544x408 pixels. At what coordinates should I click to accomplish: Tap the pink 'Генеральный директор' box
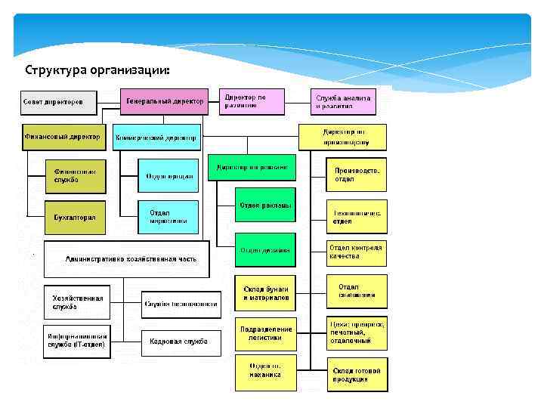click(165, 101)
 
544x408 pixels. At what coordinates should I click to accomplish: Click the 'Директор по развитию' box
click(253, 101)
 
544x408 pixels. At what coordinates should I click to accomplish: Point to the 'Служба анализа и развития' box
click(348, 101)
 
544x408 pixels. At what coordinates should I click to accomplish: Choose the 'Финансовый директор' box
click(62, 137)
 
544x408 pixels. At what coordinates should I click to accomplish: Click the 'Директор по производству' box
click(343, 137)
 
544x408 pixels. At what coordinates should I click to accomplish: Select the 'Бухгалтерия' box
click(76, 217)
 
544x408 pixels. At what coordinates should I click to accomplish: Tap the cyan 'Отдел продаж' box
click(168, 176)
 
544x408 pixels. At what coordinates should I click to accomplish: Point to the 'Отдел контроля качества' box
click(356, 252)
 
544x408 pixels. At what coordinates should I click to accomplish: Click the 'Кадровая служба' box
click(180, 342)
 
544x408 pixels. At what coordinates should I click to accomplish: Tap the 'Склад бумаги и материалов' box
click(265, 293)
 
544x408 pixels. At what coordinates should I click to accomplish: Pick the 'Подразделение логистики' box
click(265, 334)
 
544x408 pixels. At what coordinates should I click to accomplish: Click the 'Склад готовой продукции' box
click(357, 375)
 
